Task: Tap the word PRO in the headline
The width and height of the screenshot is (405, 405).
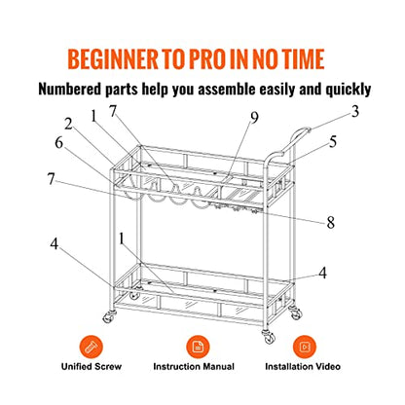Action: point(207,59)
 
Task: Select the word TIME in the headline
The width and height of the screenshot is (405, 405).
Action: point(303,59)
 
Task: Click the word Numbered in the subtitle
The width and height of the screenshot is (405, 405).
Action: point(70,89)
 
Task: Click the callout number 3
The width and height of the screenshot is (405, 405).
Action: point(355,111)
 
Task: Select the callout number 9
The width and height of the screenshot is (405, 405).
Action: point(254,118)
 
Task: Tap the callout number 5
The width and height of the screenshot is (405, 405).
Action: point(333,142)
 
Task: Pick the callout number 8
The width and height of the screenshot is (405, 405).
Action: point(330,223)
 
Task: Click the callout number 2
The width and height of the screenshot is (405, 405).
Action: point(68,124)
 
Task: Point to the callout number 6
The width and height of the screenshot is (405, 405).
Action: point(58,142)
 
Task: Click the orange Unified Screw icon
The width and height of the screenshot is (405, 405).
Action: point(92,347)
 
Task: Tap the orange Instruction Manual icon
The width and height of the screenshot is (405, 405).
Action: point(198,347)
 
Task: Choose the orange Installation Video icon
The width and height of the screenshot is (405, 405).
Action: point(305,347)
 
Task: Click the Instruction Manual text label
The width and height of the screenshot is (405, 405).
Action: point(194,367)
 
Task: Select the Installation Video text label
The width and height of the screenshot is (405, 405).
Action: point(303,367)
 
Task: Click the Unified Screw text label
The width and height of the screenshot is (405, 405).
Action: point(92,367)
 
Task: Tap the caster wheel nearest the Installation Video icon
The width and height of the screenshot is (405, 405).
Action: point(295,312)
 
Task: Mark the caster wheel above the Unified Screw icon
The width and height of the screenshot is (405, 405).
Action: point(109,316)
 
